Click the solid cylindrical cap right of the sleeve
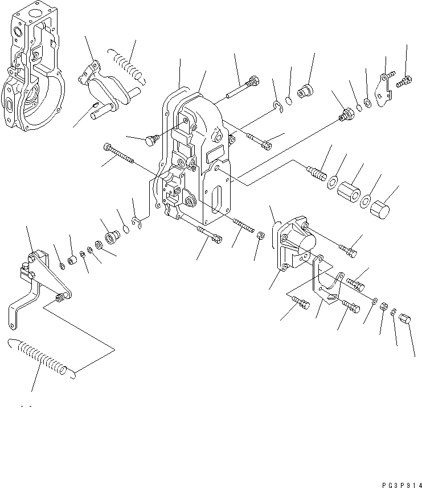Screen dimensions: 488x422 (x=382, y=206)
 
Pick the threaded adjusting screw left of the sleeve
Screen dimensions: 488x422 (x=315, y=170)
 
